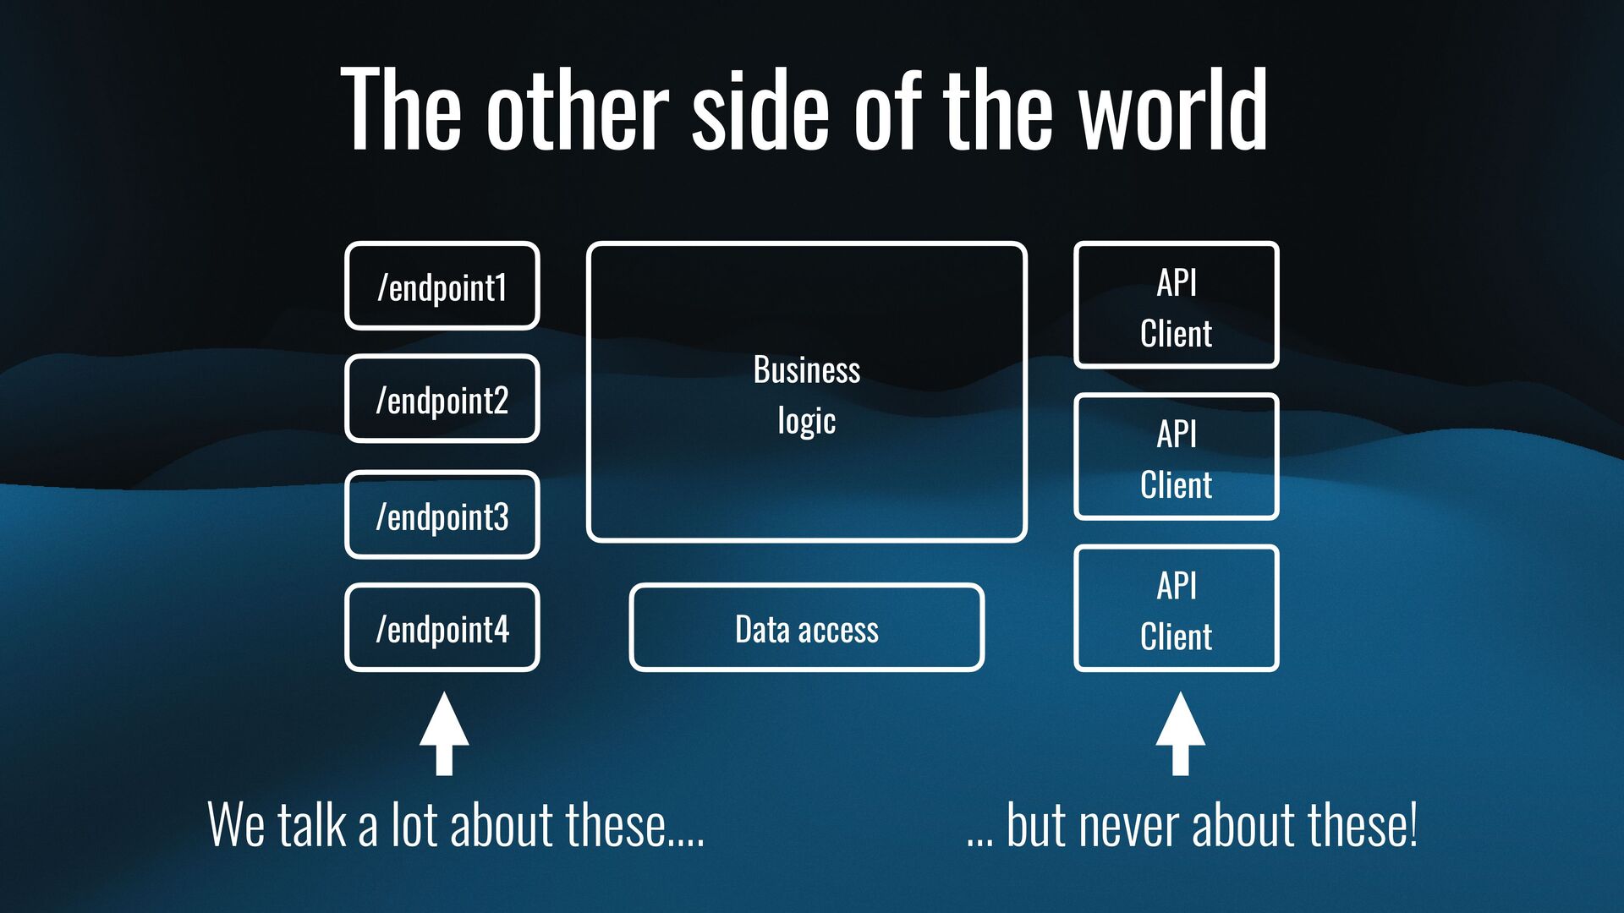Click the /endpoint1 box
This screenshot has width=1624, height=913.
pyautogui.click(x=442, y=287)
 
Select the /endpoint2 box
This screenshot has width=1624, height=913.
pyautogui.click(x=442, y=399)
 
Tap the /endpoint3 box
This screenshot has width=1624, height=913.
pyautogui.click(x=442, y=515)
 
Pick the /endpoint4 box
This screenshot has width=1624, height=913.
pyautogui.click(x=442, y=628)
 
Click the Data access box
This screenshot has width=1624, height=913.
pyautogui.click(x=806, y=628)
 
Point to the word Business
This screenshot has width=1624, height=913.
pyautogui.click(x=806, y=370)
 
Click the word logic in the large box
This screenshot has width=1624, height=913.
pyautogui.click(x=806, y=421)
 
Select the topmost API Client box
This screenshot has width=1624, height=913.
pyautogui.click(x=1176, y=305)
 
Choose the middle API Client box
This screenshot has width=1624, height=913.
pyautogui.click(x=1176, y=456)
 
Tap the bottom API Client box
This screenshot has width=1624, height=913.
pyautogui.click(x=1176, y=609)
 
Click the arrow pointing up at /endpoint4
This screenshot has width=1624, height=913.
pyautogui.click(x=444, y=732)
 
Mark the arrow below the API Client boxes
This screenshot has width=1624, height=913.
pyautogui.click(x=1180, y=732)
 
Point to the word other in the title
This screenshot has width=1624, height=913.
pyautogui.click(x=578, y=111)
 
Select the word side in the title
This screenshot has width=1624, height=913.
pyautogui.click(x=760, y=111)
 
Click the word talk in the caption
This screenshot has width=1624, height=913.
pyautogui.click(x=311, y=826)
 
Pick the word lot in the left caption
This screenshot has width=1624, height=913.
pyautogui.click(x=414, y=826)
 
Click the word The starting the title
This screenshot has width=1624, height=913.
pyautogui.click(x=401, y=111)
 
